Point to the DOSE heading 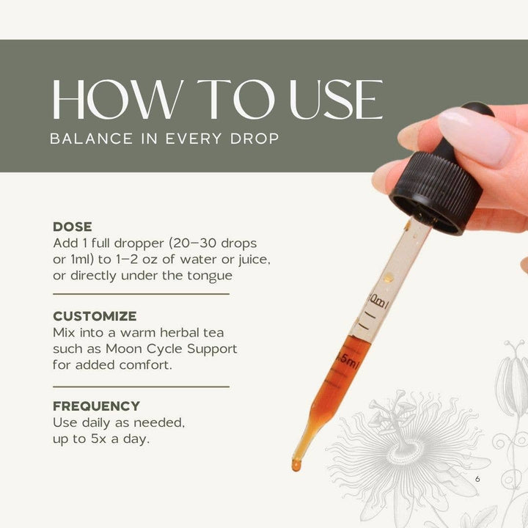(x=73, y=227)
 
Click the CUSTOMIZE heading (x=95, y=317)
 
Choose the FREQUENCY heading (x=96, y=406)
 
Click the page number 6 (x=477, y=479)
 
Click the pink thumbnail (x=474, y=134)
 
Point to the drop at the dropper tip (x=296, y=464)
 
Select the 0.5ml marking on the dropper (x=345, y=359)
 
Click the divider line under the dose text (x=141, y=294)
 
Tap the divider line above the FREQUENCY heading (x=141, y=386)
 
